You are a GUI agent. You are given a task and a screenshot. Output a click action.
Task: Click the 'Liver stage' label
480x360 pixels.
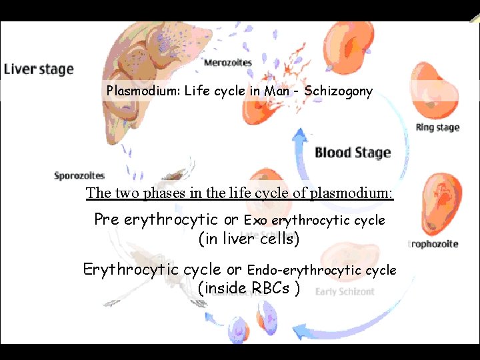tap(39, 69)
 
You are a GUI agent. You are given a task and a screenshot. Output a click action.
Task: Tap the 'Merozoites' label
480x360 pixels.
tap(227, 63)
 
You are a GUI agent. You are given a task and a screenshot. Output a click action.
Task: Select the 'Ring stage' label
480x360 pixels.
tap(437, 127)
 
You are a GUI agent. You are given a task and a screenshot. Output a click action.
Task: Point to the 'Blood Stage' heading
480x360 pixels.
tap(353, 153)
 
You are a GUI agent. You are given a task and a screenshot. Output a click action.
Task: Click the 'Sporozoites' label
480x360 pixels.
tap(79, 176)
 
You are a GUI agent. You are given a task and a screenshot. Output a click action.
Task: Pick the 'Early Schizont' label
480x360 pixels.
tap(345, 292)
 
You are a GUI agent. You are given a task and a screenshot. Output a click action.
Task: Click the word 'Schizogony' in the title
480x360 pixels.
tap(338, 91)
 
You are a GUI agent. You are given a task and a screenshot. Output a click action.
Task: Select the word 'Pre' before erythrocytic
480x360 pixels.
tap(107, 219)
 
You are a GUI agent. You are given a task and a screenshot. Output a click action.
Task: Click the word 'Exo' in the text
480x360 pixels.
tap(256, 220)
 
